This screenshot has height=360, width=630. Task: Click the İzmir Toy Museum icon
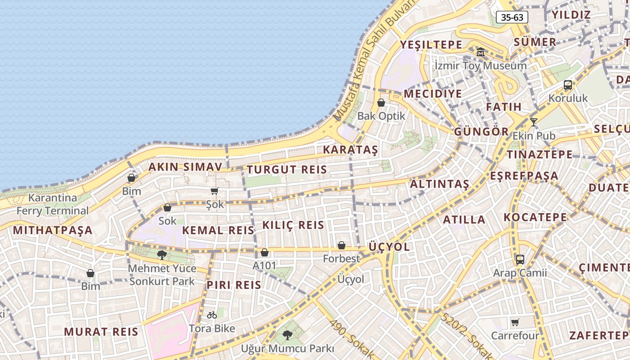point(481,52)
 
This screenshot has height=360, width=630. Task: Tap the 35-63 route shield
point(512,17)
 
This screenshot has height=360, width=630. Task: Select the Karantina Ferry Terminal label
point(53,204)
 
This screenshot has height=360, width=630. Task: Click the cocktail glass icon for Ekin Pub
point(534,122)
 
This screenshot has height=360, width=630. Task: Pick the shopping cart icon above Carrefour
point(515,322)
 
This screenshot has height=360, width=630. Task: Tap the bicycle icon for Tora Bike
point(212,315)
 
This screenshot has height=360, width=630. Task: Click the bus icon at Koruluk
point(568,85)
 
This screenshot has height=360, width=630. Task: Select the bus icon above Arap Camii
point(520,260)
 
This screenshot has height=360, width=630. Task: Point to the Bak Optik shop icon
point(381,103)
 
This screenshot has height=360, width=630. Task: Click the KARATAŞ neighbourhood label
point(351,150)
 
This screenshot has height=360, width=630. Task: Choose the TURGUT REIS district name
point(287,170)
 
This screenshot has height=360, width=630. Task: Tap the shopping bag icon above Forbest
point(342,245)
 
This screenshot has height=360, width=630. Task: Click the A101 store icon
point(265,252)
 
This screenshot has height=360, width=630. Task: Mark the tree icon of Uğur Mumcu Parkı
point(287,335)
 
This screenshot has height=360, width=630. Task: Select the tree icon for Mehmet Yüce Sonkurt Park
point(162,255)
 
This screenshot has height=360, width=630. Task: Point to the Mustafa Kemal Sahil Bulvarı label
point(374,61)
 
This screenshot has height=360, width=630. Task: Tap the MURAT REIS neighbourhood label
point(101,332)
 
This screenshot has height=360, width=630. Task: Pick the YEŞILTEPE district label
point(431,45)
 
